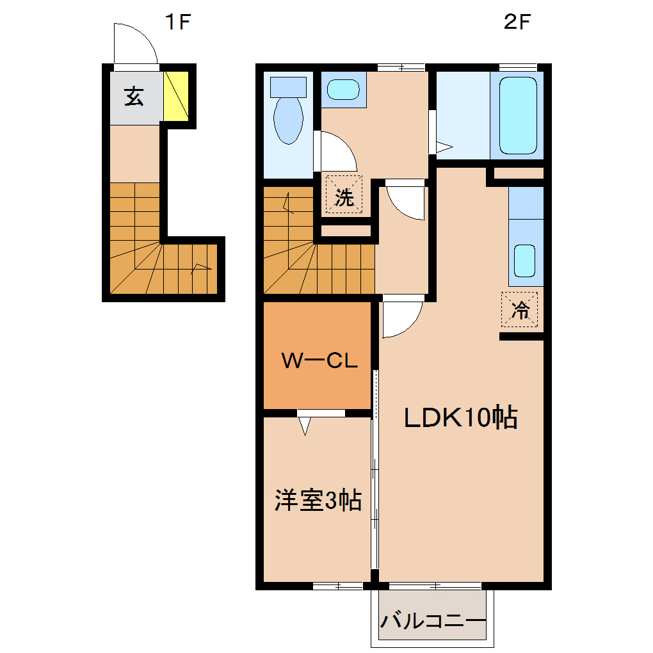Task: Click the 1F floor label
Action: point(179,23)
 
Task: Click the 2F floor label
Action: point(517,23)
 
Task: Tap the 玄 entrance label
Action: point(134,97)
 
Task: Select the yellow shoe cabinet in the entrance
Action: point(175,96)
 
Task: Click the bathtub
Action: point(517,115)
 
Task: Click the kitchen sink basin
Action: point(525,260)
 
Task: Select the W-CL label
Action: point(319,362)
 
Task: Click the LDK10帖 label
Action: point(460,418)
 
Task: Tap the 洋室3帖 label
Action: point(318,501)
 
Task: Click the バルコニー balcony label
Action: point(433,621)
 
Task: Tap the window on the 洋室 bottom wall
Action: point(337,586)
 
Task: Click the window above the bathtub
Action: point(517,67)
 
